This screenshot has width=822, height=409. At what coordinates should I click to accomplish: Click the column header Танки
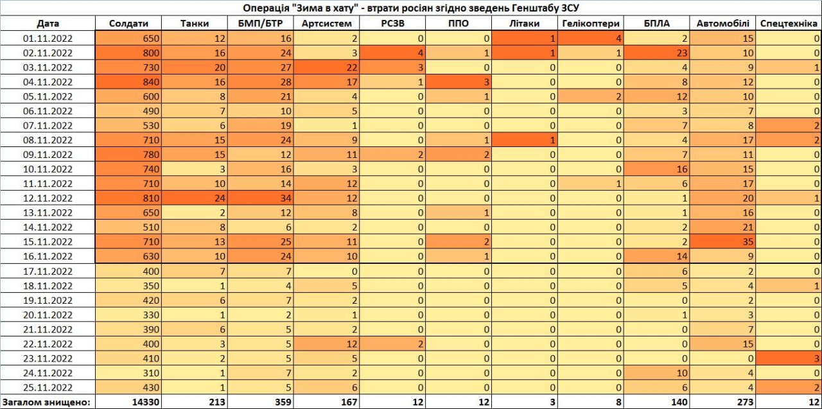(x=195, y=24)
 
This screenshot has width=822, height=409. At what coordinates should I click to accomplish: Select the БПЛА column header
(x=656, y=24)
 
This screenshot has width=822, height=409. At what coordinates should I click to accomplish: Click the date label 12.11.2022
(x=48, y=198)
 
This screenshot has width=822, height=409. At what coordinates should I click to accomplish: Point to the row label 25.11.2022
(x=48, y=387)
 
